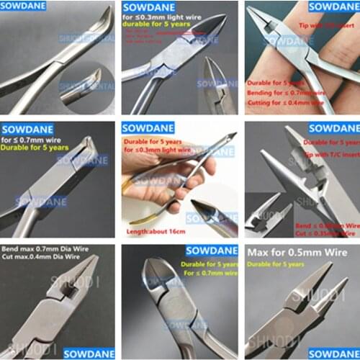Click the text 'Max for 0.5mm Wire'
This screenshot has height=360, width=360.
coord(297,253)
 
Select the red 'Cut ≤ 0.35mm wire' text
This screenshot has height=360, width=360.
coord(330,234)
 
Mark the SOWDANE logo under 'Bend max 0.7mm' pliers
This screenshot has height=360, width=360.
coord(89,354)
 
